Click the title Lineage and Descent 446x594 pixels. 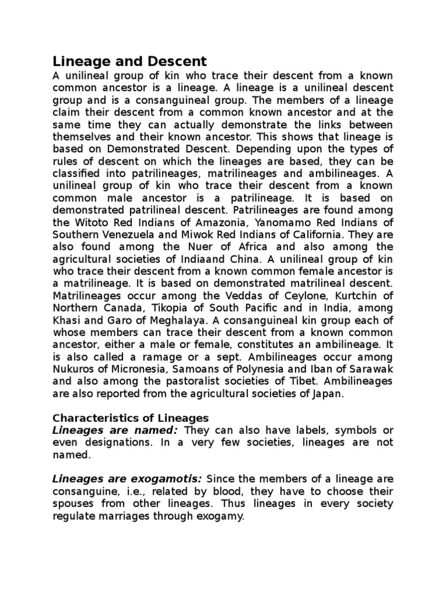tap(130, 61)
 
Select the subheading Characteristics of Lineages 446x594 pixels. tap(130, 418)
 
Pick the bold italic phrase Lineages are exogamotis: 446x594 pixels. tap(127, 479)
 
